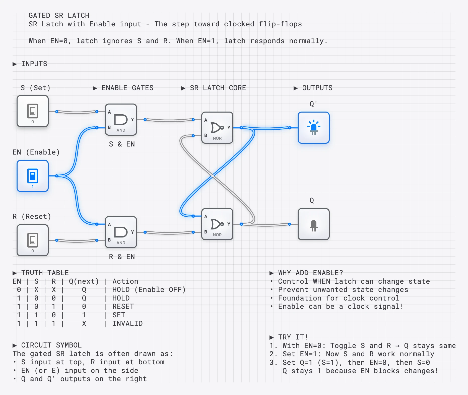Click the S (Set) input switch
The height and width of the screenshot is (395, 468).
coord(33,111)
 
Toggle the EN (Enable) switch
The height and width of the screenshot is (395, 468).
coord(33,176)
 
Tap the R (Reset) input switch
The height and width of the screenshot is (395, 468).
coord(33,240)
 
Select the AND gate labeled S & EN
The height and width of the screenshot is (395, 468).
coord(121,120)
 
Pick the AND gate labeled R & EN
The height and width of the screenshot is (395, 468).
coord(121,232)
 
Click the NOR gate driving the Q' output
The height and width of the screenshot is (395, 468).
coord(217,128)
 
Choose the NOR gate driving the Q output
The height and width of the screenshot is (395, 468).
coord(217,224)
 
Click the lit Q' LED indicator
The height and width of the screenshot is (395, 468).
coord(314,128)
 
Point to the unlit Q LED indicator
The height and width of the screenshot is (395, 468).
coord(314,224)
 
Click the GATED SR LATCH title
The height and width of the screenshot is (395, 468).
coord(59,16)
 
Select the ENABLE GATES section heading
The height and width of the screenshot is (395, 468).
coord(127,88)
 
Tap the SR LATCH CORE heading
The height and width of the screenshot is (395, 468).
coord(218,88)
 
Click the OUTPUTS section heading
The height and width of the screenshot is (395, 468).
coord(317,88)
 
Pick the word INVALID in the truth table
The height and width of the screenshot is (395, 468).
coord(127,324)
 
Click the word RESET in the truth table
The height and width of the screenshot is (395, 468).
coord(123,307)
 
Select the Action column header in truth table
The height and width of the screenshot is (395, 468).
coord(125,281)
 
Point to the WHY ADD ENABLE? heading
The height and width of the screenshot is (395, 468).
coord(310,273)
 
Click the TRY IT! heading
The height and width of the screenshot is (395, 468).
coord(293,337)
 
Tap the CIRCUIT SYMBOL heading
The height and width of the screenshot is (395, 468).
coord(51,345)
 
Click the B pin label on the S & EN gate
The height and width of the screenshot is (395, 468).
coord(109,127)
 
